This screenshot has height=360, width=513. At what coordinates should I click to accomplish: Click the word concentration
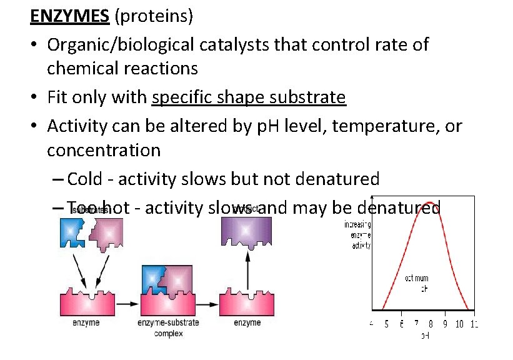click(x=104, y=150)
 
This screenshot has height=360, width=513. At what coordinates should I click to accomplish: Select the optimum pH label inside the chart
click(x=417, y=283)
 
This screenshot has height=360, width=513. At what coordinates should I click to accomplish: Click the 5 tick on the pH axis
click(x=386, y=324)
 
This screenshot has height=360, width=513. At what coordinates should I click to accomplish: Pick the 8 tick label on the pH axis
click(x=430, y=324)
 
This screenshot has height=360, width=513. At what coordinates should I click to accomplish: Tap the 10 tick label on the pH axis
click(x=459, y=324)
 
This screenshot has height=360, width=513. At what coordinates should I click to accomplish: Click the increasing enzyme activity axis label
click(x=358, y=235)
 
